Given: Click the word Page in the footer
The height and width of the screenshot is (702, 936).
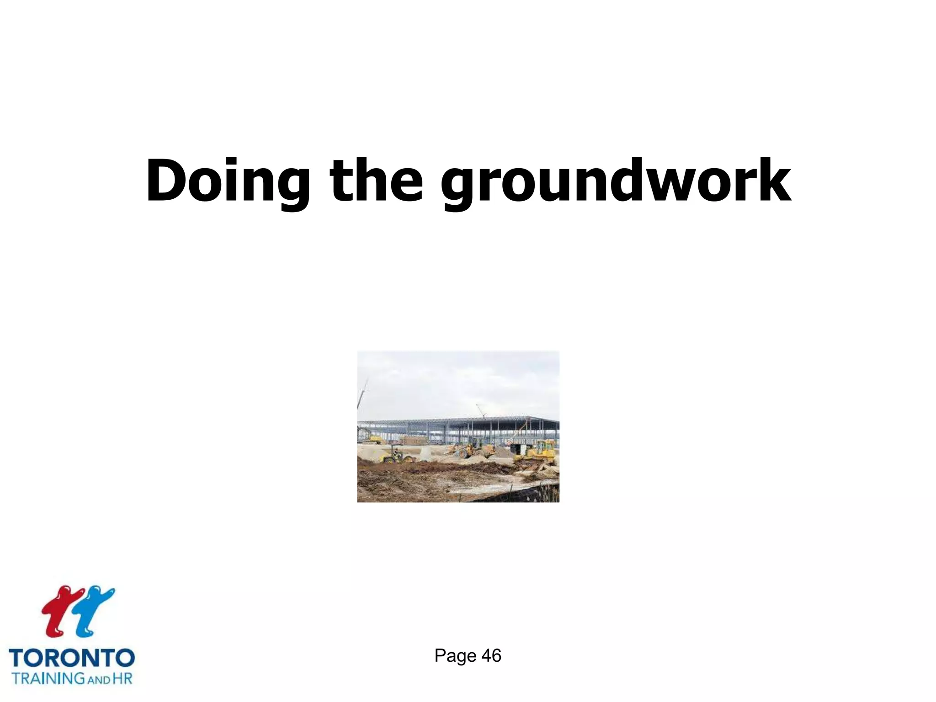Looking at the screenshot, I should [455, 656].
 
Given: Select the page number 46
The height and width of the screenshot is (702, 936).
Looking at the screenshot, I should [491, 656].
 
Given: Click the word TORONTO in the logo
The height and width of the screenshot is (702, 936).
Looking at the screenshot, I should [72, 659].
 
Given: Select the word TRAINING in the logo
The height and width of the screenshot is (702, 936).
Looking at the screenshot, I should [48, 678].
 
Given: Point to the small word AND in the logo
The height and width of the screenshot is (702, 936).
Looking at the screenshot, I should [99, 680].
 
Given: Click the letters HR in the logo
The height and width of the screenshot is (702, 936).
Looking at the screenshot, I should [122, 678].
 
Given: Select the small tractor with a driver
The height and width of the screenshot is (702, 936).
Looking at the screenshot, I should [396, 456].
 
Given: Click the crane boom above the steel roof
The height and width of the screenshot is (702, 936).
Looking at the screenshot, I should [481, 410].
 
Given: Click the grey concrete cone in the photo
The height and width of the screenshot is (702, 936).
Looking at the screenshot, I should [425, 453].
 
